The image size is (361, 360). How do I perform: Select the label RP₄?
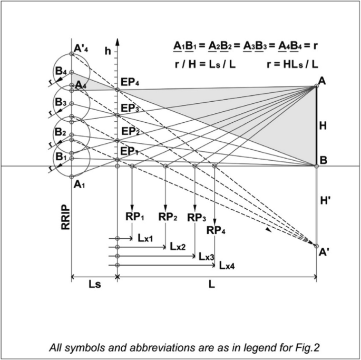point(217,230)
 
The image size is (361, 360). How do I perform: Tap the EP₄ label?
point(129,82)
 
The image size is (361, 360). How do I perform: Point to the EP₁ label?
point(129,152)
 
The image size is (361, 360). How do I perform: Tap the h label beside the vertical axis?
point(108,51)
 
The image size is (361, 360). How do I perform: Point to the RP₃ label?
point(197,218)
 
